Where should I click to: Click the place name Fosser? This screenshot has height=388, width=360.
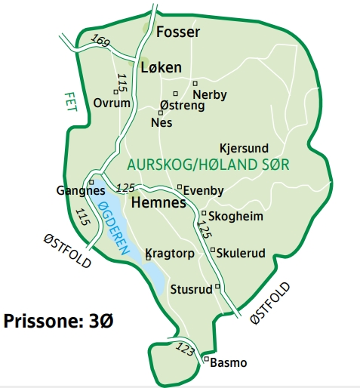point(178,32)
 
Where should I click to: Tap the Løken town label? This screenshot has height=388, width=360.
point(161,68)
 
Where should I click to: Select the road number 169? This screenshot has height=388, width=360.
point(100,41)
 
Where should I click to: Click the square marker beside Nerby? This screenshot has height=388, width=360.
point(195,83)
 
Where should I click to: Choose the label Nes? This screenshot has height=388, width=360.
point(162,122)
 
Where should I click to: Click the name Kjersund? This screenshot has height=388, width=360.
point(245,148)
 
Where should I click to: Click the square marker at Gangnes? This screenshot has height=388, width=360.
point(91,182)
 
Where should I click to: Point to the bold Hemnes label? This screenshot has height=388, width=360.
point(158,203)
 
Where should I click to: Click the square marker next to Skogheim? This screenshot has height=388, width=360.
point(204,213)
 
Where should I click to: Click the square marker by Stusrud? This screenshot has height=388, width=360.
point(217,286)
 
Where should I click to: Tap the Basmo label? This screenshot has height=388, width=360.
point(229,363)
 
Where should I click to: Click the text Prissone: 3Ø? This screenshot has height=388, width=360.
point(59,321)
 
